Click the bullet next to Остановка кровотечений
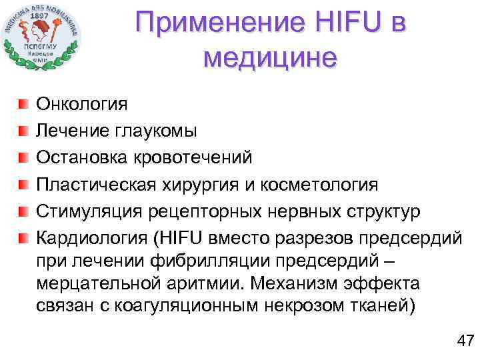pyautogui.click(x=23, y=157)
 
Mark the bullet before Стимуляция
pyautogui.click(x=23, y=211)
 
